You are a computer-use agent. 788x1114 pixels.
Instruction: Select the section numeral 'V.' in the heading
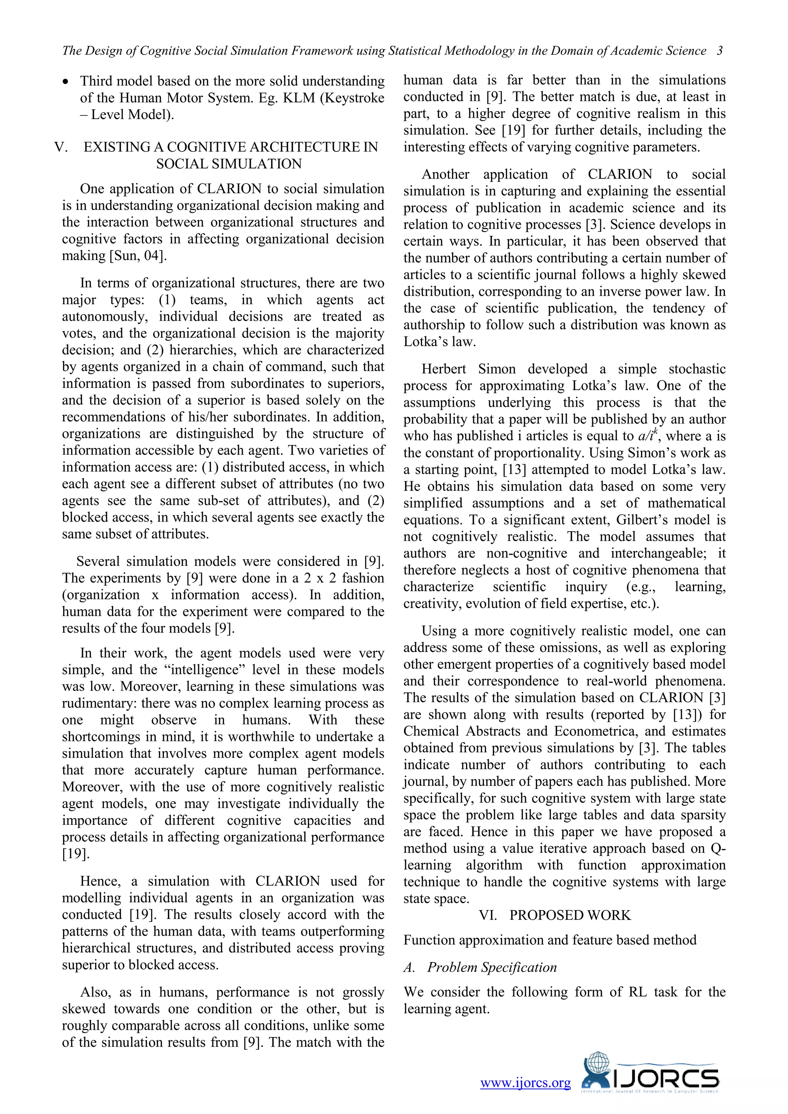62,147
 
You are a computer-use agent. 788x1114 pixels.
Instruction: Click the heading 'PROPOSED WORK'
570,915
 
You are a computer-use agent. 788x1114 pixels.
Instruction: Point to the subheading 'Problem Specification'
491,967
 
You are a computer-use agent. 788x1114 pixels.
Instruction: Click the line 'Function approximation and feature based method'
549,940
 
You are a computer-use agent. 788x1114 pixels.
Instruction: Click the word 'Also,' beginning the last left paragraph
95,992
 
